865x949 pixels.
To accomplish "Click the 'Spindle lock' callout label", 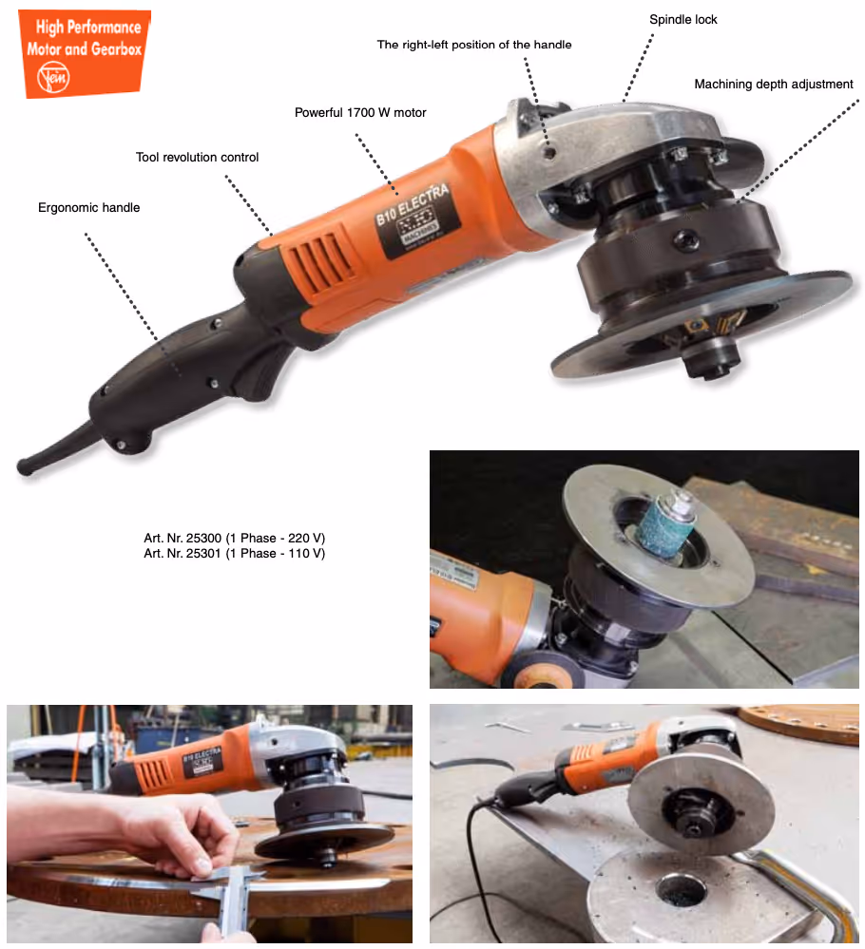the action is pos(682,19).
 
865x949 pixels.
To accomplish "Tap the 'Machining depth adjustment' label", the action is pos(773,85).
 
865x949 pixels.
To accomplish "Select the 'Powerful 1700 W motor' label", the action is pos(360,113).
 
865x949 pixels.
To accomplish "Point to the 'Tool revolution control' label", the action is pos(197,158).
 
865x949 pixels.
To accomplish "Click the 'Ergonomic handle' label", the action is pos(89,208).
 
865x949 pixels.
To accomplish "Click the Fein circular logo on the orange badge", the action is pos(53,78).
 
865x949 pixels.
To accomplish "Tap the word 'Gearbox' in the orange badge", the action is pos(116,49).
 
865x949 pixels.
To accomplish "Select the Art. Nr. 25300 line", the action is pos(235,538).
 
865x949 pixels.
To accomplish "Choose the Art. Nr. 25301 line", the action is pos(235,553).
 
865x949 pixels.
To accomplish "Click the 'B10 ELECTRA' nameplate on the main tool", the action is pos(417,219).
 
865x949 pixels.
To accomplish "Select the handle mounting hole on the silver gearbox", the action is pos(550,153).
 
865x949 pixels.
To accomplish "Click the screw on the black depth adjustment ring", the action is pos(686,240).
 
